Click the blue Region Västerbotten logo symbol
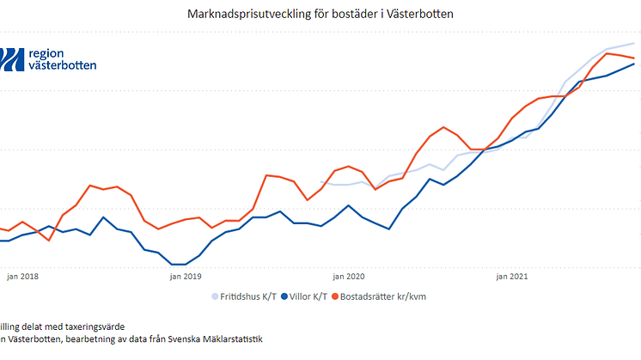[12, 58]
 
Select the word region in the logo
[46, 52]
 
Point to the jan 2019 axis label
[185, 277]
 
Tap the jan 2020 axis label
[349, 277]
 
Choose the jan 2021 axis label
[512, 277]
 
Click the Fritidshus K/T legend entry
[249, 297]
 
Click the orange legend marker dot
[334, 297]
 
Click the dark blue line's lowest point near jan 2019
[179, 265]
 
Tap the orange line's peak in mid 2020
[443, 127]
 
